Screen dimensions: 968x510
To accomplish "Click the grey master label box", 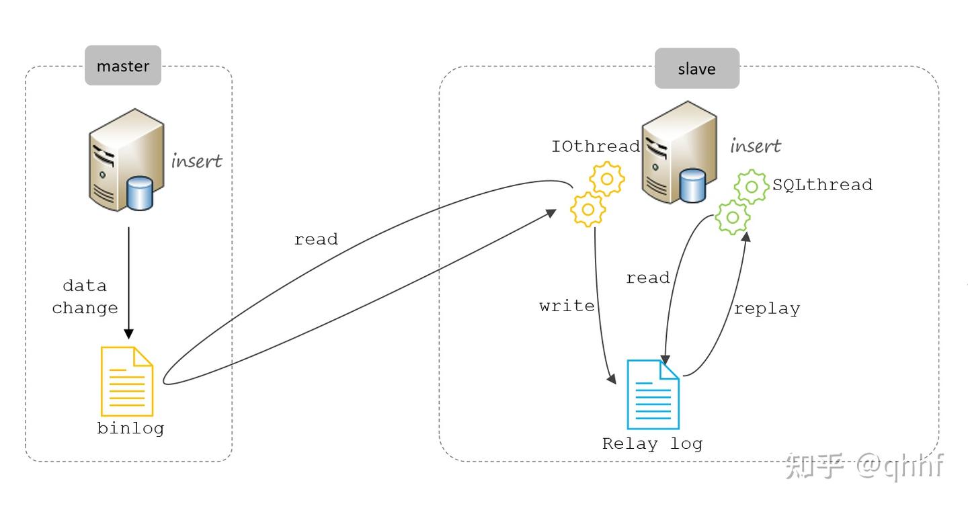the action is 123,65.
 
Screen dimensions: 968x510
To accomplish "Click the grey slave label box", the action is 697,69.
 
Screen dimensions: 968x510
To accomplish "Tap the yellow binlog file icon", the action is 126,381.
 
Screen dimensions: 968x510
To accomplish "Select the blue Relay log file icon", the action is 653,394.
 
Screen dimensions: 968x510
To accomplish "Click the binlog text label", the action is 130,429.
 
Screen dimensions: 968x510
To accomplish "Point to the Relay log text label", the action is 653,444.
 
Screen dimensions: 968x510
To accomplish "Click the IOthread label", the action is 596,146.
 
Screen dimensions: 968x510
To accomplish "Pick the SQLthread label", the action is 822,185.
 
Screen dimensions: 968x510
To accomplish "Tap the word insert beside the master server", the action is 196,161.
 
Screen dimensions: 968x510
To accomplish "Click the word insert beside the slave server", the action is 756,146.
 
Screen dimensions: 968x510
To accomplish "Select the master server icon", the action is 126,160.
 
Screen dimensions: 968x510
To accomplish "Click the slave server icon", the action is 680,152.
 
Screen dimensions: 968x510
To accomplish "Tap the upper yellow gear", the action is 607,179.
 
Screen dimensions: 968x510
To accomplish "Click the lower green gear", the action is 733,217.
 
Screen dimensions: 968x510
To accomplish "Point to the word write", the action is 567,306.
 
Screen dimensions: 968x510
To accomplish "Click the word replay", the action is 767,309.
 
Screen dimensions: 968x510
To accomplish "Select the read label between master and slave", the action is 316,239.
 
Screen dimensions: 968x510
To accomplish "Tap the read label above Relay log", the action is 648,278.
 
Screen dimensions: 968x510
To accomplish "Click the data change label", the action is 85,297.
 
